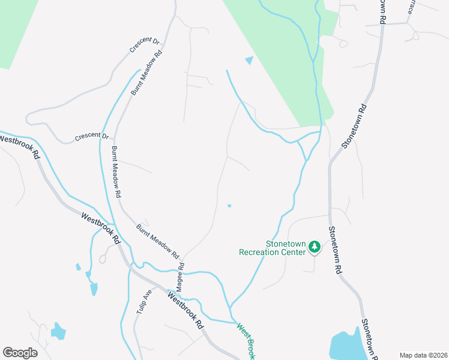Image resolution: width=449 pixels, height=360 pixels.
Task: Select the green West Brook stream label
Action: (246, 341)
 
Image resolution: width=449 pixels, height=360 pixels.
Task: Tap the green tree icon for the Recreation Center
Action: (314, 247)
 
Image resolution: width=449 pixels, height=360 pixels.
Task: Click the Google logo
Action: (20, 353)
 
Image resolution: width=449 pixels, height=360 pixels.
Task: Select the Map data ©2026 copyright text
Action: (423, 355)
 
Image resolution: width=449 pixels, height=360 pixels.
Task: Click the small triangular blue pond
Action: (249, 60)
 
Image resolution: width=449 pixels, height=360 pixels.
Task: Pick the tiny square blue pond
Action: (229, 206)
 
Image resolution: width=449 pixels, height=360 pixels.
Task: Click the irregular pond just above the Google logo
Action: (58, 331)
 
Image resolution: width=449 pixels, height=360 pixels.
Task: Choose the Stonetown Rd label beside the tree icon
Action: (334, 250)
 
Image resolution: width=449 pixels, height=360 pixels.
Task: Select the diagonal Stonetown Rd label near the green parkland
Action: (354, 127)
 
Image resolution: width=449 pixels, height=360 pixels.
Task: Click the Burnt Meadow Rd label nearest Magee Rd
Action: (157, 240)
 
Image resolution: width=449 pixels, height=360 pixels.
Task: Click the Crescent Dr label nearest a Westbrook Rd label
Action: (91, 137)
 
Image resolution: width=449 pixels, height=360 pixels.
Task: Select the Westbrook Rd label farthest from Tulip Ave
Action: (20, 146)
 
